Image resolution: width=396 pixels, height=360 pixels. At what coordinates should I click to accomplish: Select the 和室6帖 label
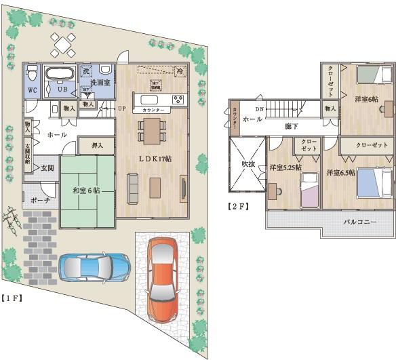click(86, 191)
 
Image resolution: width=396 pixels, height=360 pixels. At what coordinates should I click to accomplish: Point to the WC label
click(33, 89)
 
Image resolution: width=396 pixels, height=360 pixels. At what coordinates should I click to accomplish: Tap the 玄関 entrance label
click(47, 167)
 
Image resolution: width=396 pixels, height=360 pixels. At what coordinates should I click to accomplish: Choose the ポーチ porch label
click(37, 201)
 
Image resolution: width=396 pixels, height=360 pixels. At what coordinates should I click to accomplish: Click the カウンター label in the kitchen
click(153, 108)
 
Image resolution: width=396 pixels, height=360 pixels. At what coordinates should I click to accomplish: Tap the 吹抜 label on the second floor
click(246, 163)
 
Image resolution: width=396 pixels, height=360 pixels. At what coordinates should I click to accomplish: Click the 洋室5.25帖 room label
click(284, 167)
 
